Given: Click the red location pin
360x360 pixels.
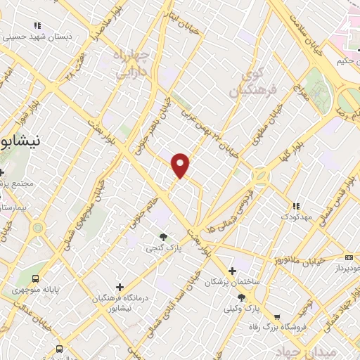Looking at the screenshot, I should click(181, 165).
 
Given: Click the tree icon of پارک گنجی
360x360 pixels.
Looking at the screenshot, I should click(164, 237).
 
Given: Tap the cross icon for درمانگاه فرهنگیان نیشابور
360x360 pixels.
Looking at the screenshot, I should click(120, 287).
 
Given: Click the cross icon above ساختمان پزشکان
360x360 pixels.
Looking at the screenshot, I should click(232, 270).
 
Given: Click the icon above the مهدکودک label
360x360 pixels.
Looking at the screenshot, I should click(296, 205).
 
